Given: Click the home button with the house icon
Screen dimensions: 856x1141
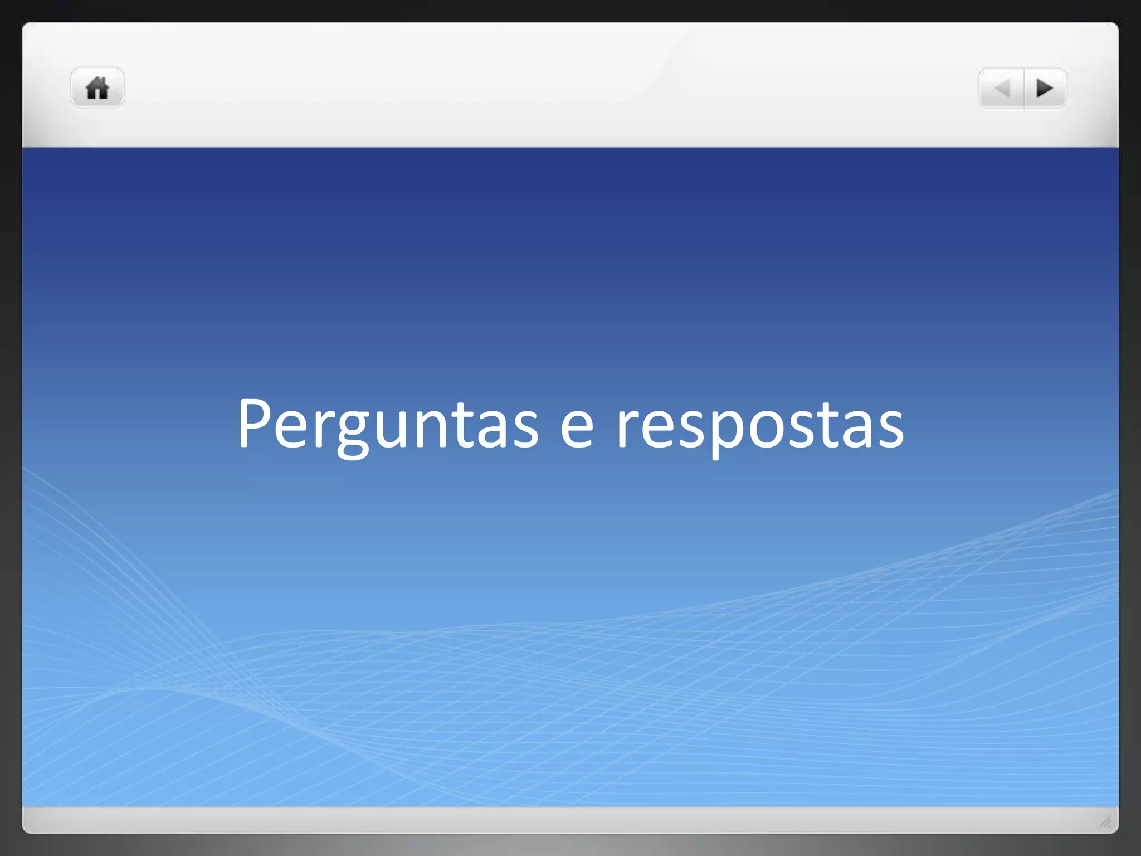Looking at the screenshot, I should tap(97, 88).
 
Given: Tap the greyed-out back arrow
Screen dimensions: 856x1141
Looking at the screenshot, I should tap(1002, 89).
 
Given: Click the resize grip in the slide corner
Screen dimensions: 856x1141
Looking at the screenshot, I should tap(1105, 821).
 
